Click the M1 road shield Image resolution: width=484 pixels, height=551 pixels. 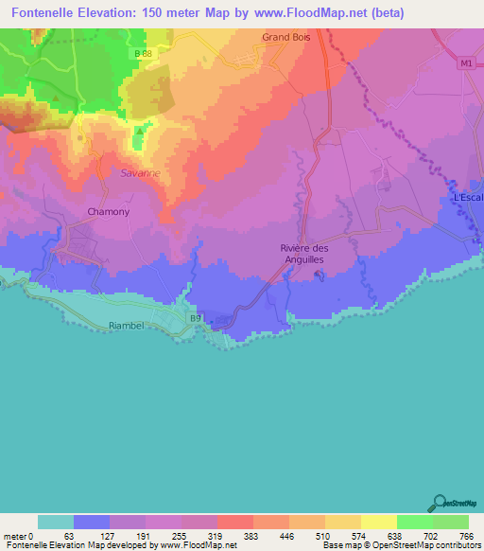[x=464, y=63]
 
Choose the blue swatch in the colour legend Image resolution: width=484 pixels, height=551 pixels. [x=92, y=522]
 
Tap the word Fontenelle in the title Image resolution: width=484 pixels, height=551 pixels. [x=43, y=14]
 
